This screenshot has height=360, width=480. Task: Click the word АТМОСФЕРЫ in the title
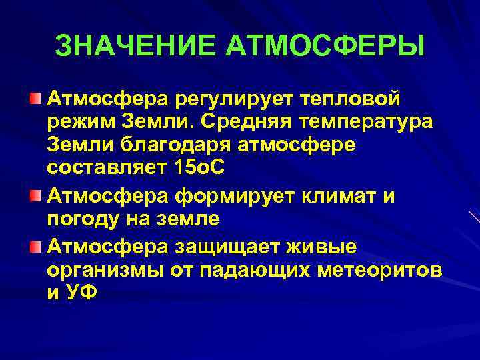(325, 46)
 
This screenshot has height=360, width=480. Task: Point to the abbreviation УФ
(81, 293)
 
